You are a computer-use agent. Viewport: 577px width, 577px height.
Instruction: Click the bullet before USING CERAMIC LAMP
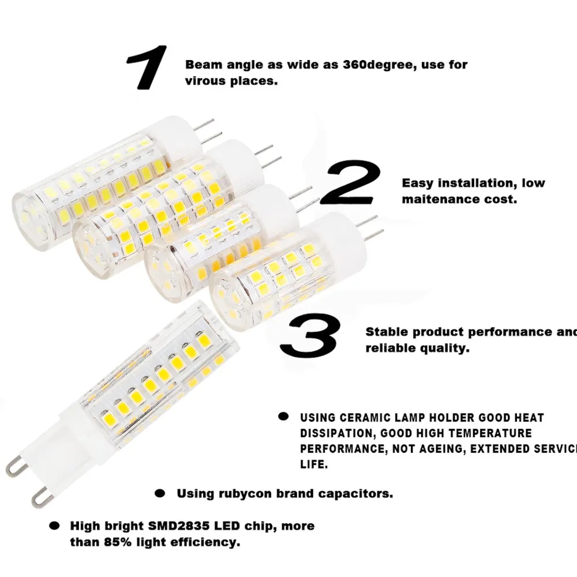coord(283,417)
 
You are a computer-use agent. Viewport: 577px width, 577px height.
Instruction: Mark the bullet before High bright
coord(54,526)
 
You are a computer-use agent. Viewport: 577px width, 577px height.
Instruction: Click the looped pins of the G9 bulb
coord(26,479)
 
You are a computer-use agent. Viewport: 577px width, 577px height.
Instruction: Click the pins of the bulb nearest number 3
coord(369,228)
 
